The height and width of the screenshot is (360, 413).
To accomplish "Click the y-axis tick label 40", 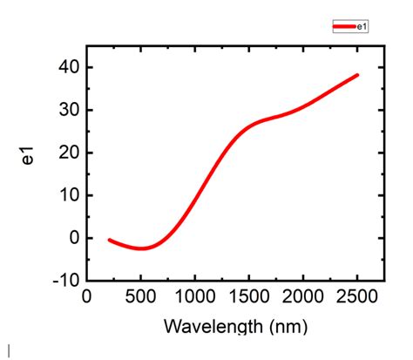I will pos(68,68).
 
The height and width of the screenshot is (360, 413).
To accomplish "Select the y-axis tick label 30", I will pos(68,111).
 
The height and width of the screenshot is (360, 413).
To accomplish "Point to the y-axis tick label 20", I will pos(68,153).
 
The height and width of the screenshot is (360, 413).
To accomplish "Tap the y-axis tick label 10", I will pos(68,195).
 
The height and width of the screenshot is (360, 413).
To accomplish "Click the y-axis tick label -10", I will pos(65,281).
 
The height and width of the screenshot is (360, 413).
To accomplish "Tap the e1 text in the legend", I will pos(362,27).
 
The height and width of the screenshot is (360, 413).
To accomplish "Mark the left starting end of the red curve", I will pos(109,239).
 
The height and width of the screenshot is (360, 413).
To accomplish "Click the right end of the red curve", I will pos(357,75).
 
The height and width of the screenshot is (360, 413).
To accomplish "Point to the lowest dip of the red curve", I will pos(141,248).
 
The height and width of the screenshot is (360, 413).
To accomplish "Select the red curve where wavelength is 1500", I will pos(249,126).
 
